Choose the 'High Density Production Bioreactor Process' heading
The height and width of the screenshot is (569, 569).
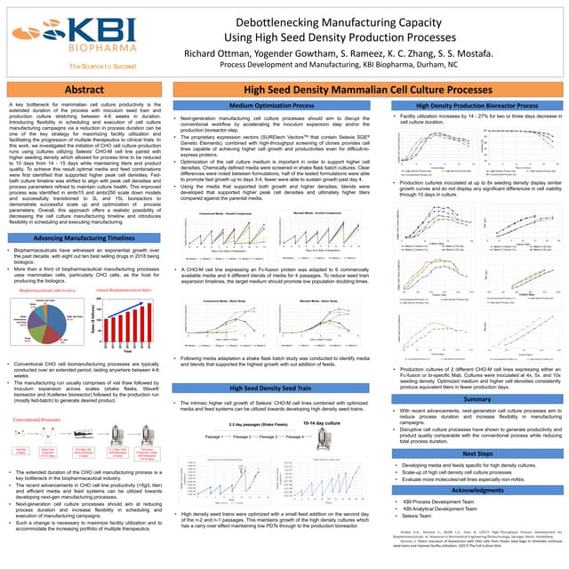(x=473, y=107)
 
